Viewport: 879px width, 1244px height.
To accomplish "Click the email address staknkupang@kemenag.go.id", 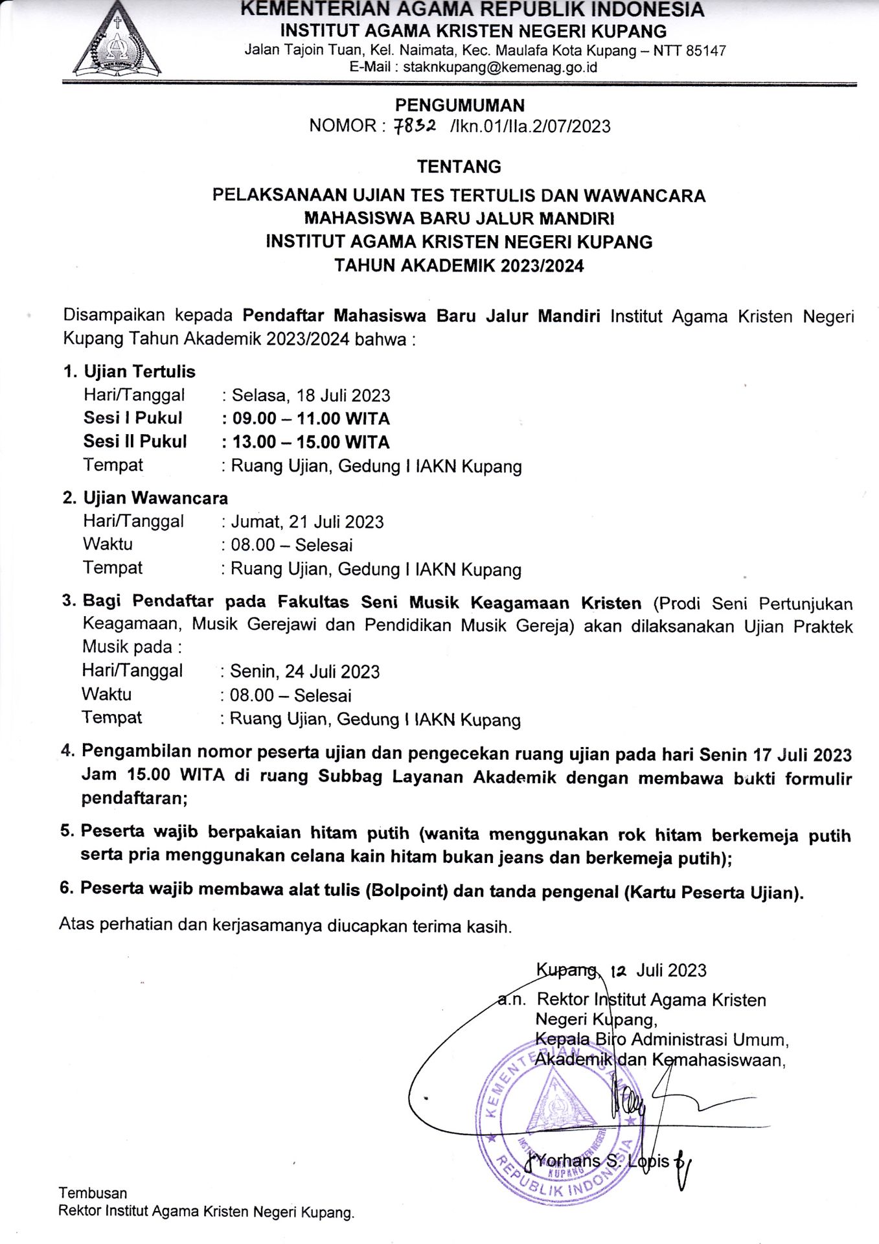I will click(x=499, y=67).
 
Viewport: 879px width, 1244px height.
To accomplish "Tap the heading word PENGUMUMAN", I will click(x=459, y=105).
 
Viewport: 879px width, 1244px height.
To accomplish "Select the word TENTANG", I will click(x=459, y=167).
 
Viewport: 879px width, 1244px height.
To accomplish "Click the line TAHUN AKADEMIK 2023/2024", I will click(x=459, y=266).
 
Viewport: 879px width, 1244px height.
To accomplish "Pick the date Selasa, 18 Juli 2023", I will click(x=311, y=395).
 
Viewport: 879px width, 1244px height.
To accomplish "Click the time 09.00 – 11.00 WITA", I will click(x=311, y=419).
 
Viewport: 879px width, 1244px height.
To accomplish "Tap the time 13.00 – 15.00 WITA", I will click(x=311, y=442).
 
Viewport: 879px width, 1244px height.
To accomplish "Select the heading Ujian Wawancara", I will click(x=155, y=498).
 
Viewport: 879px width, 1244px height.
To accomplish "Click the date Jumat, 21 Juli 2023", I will click(x=307, y=522).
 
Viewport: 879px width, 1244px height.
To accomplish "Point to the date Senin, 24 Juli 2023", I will click(x=304, y=671).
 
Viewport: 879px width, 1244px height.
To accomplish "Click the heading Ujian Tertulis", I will click(x=139, y=371).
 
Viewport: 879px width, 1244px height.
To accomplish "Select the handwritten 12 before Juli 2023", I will click(x=619, y=971).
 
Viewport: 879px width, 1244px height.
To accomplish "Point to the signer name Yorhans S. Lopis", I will click(x=602, y=1160).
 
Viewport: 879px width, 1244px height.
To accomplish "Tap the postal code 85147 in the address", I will click(x=705, y=51).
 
